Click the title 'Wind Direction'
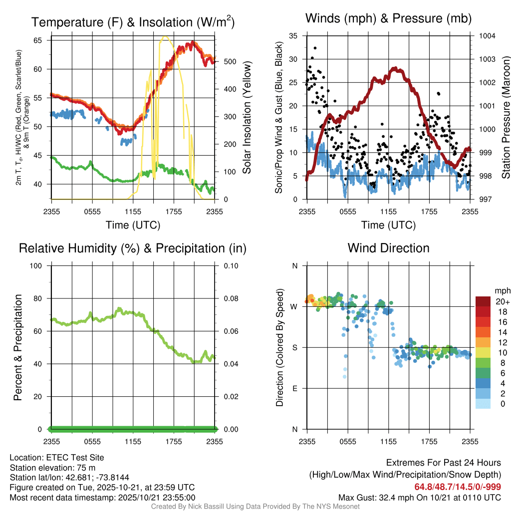[388, 248]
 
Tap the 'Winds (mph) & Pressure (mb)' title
[388, 19]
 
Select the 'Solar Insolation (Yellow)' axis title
[247, 118]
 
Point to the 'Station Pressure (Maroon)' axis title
[505, 118]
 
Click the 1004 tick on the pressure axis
[486, 36]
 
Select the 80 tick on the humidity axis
[36, 298]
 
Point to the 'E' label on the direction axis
[294, 388]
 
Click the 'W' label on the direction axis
[294, 306]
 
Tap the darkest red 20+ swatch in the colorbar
[484, 301]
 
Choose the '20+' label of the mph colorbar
[502, 301]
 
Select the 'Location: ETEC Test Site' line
[57, 457]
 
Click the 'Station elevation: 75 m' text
[52, 467]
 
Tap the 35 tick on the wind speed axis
[293, 36]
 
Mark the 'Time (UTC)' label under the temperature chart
[133, 225]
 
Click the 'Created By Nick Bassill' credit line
[255, 507]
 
